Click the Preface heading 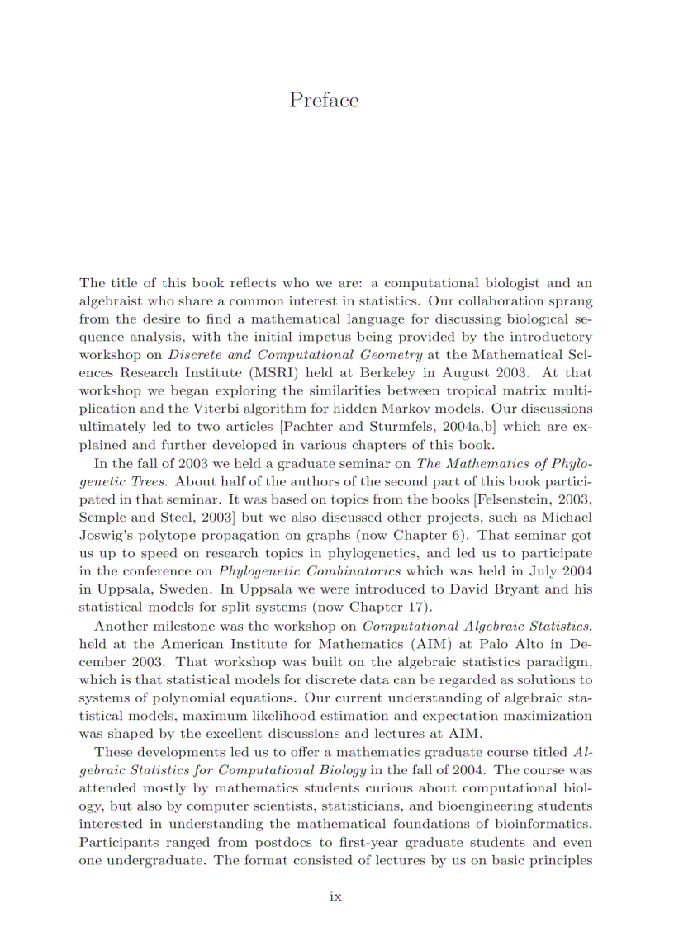325,101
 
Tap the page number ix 336,896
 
